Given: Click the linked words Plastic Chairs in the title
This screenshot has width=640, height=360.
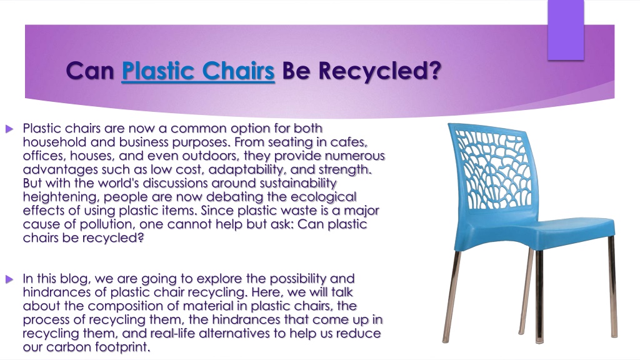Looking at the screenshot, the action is tap(198, 71).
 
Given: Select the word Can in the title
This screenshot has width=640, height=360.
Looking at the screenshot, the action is tap(90, 71).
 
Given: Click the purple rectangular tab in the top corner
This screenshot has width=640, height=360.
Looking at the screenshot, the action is tap(566, 30).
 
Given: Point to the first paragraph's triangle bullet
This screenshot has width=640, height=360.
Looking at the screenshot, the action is tap(9, 129).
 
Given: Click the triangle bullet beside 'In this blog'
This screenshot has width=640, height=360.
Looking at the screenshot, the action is tap(9, 279).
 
